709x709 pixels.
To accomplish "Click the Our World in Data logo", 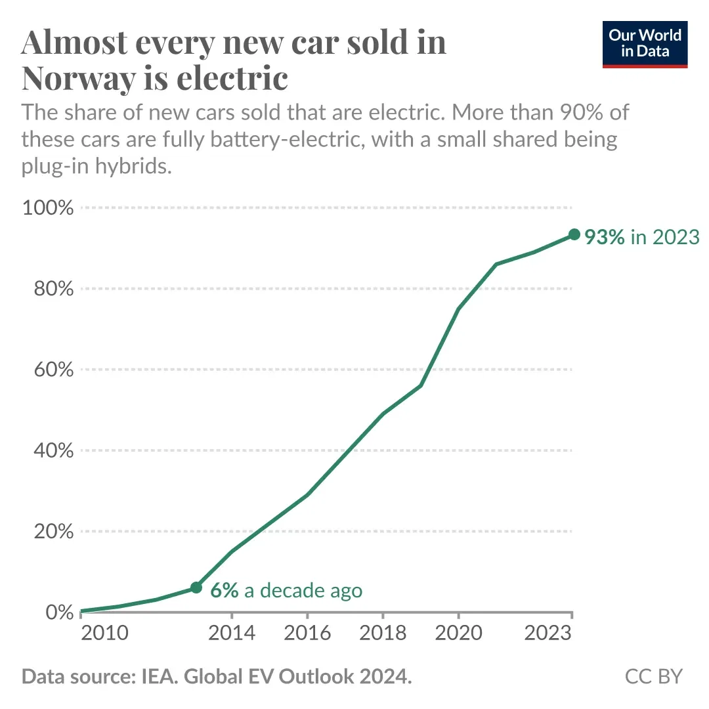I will (x=645, y=44).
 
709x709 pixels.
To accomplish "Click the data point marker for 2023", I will (x=574, y=234).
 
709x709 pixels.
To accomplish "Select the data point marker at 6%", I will (x=196, y=587).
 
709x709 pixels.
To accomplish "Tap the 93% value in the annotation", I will (x=605, y=237).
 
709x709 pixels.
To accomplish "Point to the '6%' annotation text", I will (x=224, y=590).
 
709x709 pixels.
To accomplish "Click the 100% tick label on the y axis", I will (x=48, y=208).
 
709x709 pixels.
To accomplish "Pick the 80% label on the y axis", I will (x=53, y=289).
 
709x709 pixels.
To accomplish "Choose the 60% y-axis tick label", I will (x=53, y=370).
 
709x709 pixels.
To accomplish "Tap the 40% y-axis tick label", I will (x=53, y=450).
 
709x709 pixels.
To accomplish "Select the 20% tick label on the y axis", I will (x=53, y=531).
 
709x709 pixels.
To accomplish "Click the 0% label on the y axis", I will (x=60, y=612).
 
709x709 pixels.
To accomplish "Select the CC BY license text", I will (x=654, y=677).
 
